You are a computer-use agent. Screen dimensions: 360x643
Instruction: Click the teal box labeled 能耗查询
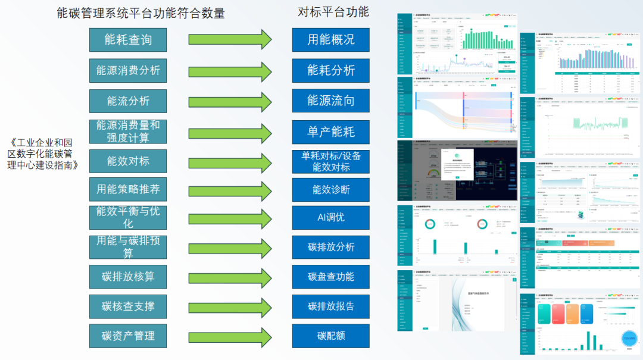click(128, 40)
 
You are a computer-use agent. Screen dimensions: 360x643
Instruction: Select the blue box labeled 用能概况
click(330, 40)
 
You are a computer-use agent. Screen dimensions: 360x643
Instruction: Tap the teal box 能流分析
click(128, 101)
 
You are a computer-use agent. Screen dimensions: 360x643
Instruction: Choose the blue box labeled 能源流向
click(330, 101)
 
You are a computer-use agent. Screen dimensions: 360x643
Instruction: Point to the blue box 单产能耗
click(330, 132)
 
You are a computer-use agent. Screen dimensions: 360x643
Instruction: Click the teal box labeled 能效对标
click(128, 161)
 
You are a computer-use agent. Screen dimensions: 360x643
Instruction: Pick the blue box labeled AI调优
click(330, 218)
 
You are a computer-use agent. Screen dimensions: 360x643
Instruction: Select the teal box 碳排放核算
click(128, 277)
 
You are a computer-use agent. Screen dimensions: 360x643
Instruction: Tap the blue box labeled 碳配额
click(330, 336)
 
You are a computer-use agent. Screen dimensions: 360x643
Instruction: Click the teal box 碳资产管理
click(128, 336)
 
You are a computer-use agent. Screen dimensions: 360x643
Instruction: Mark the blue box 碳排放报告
click(330, 306)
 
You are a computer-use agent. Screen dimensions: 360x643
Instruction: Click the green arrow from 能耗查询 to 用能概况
click(230, 40)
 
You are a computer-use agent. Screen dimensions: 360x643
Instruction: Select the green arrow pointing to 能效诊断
click(230, 190)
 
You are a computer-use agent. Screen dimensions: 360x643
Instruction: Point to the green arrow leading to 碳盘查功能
click(230, 277)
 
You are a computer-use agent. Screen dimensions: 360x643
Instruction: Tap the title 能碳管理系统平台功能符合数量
click(141, 13)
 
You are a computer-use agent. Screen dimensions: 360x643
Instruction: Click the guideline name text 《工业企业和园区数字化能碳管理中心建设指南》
click(45, 154)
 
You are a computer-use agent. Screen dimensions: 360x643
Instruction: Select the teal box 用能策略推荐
click(128, 190)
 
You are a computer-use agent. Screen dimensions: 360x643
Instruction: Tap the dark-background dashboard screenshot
click(457, 171)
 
